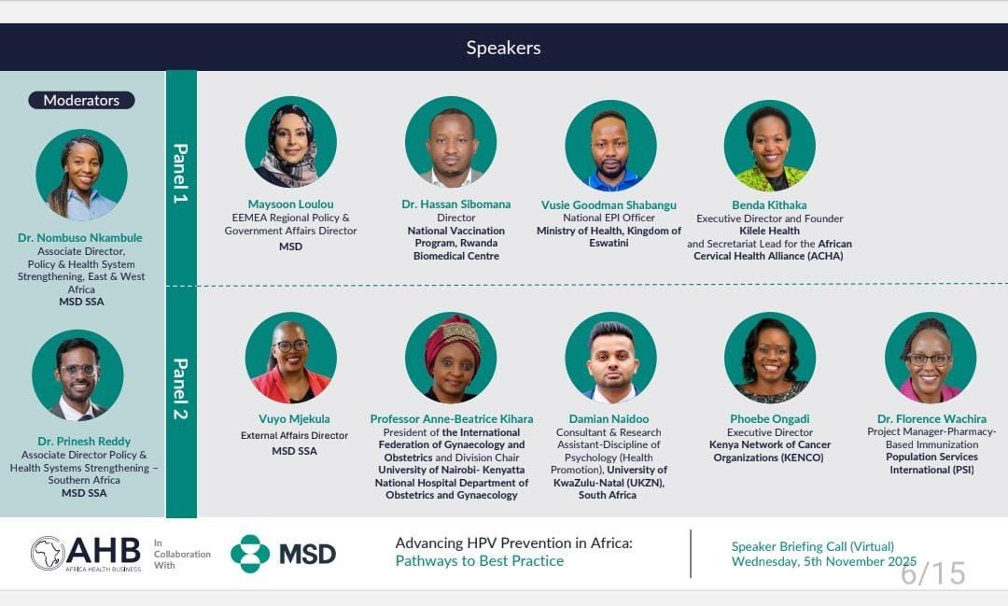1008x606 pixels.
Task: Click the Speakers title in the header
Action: (503, 48)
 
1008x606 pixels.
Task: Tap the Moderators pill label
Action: (81, 100)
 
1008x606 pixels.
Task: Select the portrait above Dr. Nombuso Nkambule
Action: (81, 175)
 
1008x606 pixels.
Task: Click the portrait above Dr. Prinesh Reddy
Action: (77, 375)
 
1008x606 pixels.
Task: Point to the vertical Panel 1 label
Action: (181, 174)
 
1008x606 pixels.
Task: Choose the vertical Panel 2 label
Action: (181, 388)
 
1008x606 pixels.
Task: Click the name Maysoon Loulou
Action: (290, 204)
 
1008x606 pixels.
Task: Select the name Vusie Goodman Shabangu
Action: (609, 205)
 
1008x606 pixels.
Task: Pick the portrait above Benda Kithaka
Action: (770, 146)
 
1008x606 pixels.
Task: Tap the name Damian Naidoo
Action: (609, 419)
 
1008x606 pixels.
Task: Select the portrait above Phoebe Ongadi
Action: (770, 358)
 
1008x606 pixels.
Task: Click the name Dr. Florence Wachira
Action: (931, 419)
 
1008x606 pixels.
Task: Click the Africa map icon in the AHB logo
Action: (48, 553)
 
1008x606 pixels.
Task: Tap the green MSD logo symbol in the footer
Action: (249, 554)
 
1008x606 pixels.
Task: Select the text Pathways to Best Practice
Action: (479, 561)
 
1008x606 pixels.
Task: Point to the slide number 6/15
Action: (932, 572)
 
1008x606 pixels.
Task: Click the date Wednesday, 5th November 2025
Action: (823, 561)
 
